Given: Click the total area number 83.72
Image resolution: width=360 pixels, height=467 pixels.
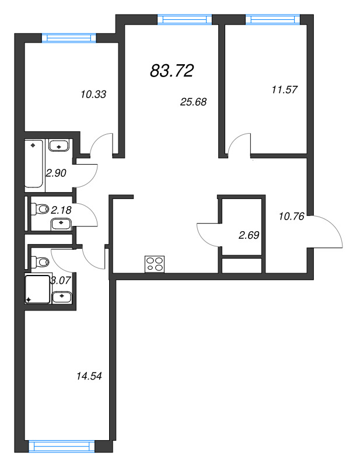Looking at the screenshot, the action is (x=172, y=71).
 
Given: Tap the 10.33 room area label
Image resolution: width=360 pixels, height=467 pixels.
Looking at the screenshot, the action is (x=93, y=95).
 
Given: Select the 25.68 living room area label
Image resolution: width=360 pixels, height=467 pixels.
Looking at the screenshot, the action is (x=193, y=102).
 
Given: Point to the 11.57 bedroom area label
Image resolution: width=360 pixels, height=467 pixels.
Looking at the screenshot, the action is (x=284, y=90).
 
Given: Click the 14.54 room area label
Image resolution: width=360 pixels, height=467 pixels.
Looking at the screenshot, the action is (x=89, y=376).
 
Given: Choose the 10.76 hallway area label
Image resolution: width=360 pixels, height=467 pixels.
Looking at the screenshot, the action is (x=292, y=216).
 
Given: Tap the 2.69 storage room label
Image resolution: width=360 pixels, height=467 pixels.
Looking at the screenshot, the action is (x=249, y=235).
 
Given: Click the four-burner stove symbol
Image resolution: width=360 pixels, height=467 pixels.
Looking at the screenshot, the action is (x=155, y=264).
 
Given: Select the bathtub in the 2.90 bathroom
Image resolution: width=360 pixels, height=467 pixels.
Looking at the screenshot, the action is (x=34, y=163).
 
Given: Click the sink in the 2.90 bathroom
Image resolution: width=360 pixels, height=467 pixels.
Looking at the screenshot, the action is (x=59, y=145).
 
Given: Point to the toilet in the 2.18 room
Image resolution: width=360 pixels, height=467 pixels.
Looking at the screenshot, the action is (x=40, y=209).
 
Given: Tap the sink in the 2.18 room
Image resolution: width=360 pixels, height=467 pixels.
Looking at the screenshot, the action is (x=61, y=224).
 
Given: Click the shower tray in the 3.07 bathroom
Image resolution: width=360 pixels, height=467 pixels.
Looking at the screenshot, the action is (x=37, y=290).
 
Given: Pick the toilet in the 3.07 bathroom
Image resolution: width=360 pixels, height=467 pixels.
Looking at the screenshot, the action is (x=40, y=262).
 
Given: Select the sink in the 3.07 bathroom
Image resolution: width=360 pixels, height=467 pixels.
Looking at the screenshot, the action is (x=62, y=297).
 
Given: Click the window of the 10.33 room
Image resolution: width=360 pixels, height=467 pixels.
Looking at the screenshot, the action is (x=69, y=38).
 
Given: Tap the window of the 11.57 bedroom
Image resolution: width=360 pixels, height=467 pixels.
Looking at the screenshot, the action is (x=272, y=20).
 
